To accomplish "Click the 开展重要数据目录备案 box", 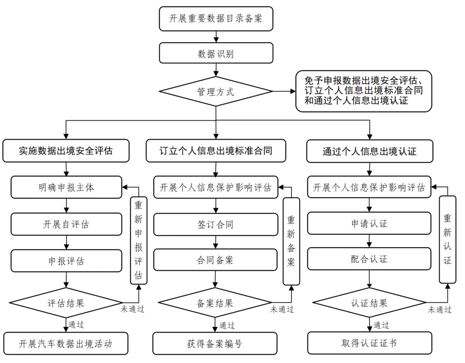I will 216,19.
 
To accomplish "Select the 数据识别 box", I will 216,53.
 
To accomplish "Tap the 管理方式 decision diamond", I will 216,91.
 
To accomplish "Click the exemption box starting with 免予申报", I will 363,91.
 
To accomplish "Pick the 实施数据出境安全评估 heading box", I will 66,151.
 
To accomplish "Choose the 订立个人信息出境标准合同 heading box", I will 216,151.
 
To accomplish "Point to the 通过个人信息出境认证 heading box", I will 369,151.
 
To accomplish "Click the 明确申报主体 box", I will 66,188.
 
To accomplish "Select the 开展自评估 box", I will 66,224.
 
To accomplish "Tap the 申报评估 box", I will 66,261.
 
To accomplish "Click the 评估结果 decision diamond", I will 66,303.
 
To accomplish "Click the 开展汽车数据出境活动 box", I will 66,343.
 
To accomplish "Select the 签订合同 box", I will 215,224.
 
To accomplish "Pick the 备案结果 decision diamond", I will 215,303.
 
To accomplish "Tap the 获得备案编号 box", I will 215,343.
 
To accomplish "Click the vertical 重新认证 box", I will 447,239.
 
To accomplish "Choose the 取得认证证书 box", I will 369,343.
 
